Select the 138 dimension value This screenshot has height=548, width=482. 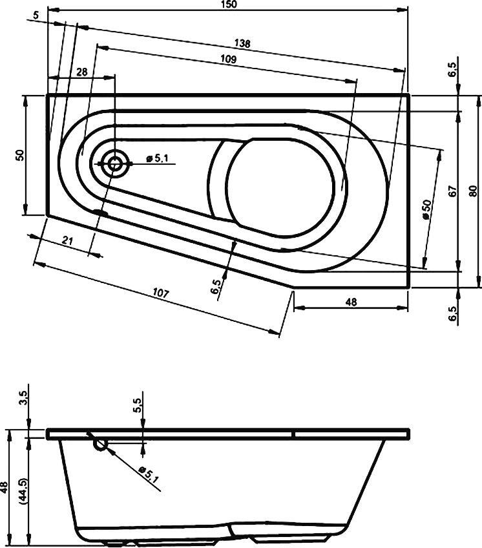click(242, 44)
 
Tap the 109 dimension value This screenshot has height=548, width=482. click(227, 59)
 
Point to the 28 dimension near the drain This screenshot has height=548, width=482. click(82, 72)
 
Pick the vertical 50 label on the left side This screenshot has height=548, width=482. click(20, 155)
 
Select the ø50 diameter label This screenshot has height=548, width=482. click(426, 209)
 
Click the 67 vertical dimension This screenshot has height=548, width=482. click(452, 191)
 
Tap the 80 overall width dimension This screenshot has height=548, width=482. click(473, 191)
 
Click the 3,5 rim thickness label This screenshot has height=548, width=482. click(24, 398)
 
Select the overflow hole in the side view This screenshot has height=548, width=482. click(100, 444)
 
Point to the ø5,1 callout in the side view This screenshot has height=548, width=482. click(149, 476)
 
